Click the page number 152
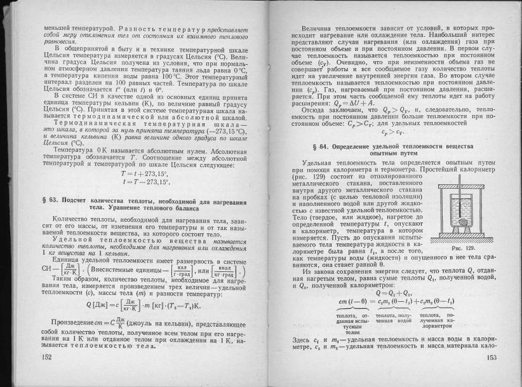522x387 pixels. click(x=46, y=358)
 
